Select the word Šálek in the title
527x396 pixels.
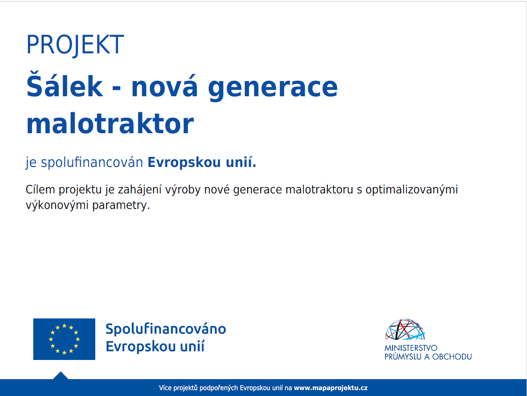pyautogui.click(x=65, y=85)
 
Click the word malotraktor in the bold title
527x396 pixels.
pyautogui.click(x=110, y=124)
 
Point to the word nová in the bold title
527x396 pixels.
pyautogui.click(x=164, y=86)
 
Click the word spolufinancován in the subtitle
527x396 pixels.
pyautogui.click(x=92, y=163)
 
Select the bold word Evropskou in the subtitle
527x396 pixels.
pyautogui.click(x=184, y=163)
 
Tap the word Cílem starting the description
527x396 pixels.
pyautogui.click(x=40, y=189)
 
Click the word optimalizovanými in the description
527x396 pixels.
pyautogui.click(x=412, y=190)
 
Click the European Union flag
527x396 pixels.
pyautogui.click(x=64, y=339)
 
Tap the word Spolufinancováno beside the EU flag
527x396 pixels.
pyautogui.click(x=165, y=329)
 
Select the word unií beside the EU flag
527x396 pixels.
pyautogui.click(x=192, y=346)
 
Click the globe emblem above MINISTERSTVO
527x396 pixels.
pyautogui.click(x=405, y=329)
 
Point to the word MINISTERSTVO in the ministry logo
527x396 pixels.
pyautogui.click(x=411, y=348)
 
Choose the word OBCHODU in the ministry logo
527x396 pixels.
pyautogui.click(x=452, y=357)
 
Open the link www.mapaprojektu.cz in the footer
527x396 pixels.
pyautogui.click(x=331, y=388)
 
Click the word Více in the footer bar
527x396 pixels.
pyautogui.click(x=165, y=388)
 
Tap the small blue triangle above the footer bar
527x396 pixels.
pyautogui.click(x=61, y=376)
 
